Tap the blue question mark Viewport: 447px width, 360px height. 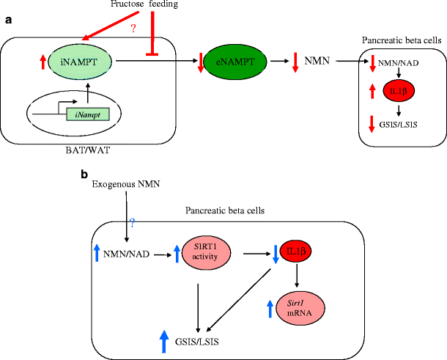[133, 222]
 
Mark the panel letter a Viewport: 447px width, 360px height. [8, 20]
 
